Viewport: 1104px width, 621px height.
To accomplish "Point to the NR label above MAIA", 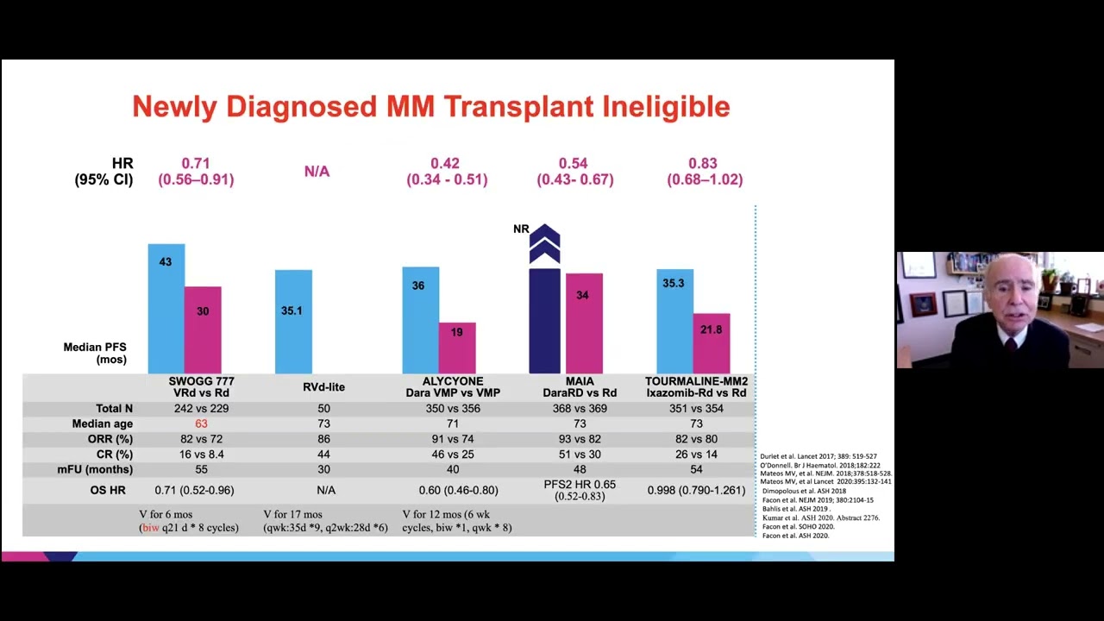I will click(521, 229).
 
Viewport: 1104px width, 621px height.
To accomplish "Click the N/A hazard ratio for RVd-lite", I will click(317, 172).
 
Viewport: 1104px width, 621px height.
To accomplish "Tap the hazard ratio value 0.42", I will click(445, 163).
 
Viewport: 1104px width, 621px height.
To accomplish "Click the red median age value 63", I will click(201, 423).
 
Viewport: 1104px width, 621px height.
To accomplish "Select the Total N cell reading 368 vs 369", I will click(580, 408).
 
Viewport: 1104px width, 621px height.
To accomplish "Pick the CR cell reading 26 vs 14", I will click(696, 454).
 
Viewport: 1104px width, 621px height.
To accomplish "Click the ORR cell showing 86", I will click(323, 439).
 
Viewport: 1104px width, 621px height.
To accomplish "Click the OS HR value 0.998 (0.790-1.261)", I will click(696, 490).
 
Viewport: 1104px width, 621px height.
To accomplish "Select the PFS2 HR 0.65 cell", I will click(580, 490).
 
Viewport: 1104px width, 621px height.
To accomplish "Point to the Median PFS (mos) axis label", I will click(95, 353).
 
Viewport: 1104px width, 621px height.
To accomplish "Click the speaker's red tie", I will click(1010, 345).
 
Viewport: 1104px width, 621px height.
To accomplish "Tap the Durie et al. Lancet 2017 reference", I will click(818, 456).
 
